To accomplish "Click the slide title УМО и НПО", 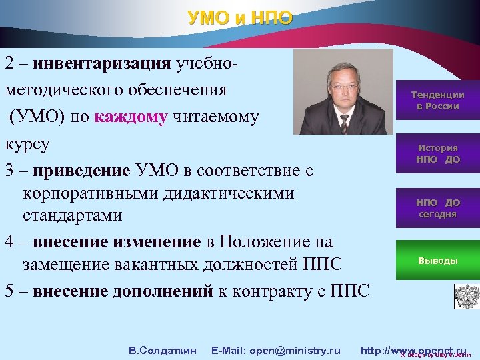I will pyautogui.click(x=240, y=17).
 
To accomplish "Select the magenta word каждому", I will pyautogui.click(x=131, y=117).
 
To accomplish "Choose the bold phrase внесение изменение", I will pyautogui.click(x=117, y=241).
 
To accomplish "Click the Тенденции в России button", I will pyautogui.click(x=437, y=100).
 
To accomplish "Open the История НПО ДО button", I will pyautogui.click(x=437, y=153).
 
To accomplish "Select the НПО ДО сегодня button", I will pyautogui.click(x=437, y=208).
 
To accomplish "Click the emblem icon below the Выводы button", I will pyautogui.click(x=465, y=296).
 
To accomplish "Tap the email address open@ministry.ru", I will pyautogui.click(x=275, y=351).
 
